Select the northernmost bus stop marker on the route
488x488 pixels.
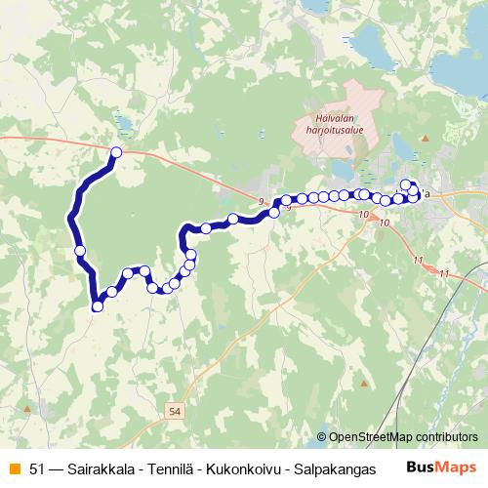pos(117,151)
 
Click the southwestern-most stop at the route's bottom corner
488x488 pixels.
pos(98,307)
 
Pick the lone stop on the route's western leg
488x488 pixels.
pos(80,252)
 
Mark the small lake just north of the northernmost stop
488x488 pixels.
pos(126,123)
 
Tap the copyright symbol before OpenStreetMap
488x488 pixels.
pos(322,438)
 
